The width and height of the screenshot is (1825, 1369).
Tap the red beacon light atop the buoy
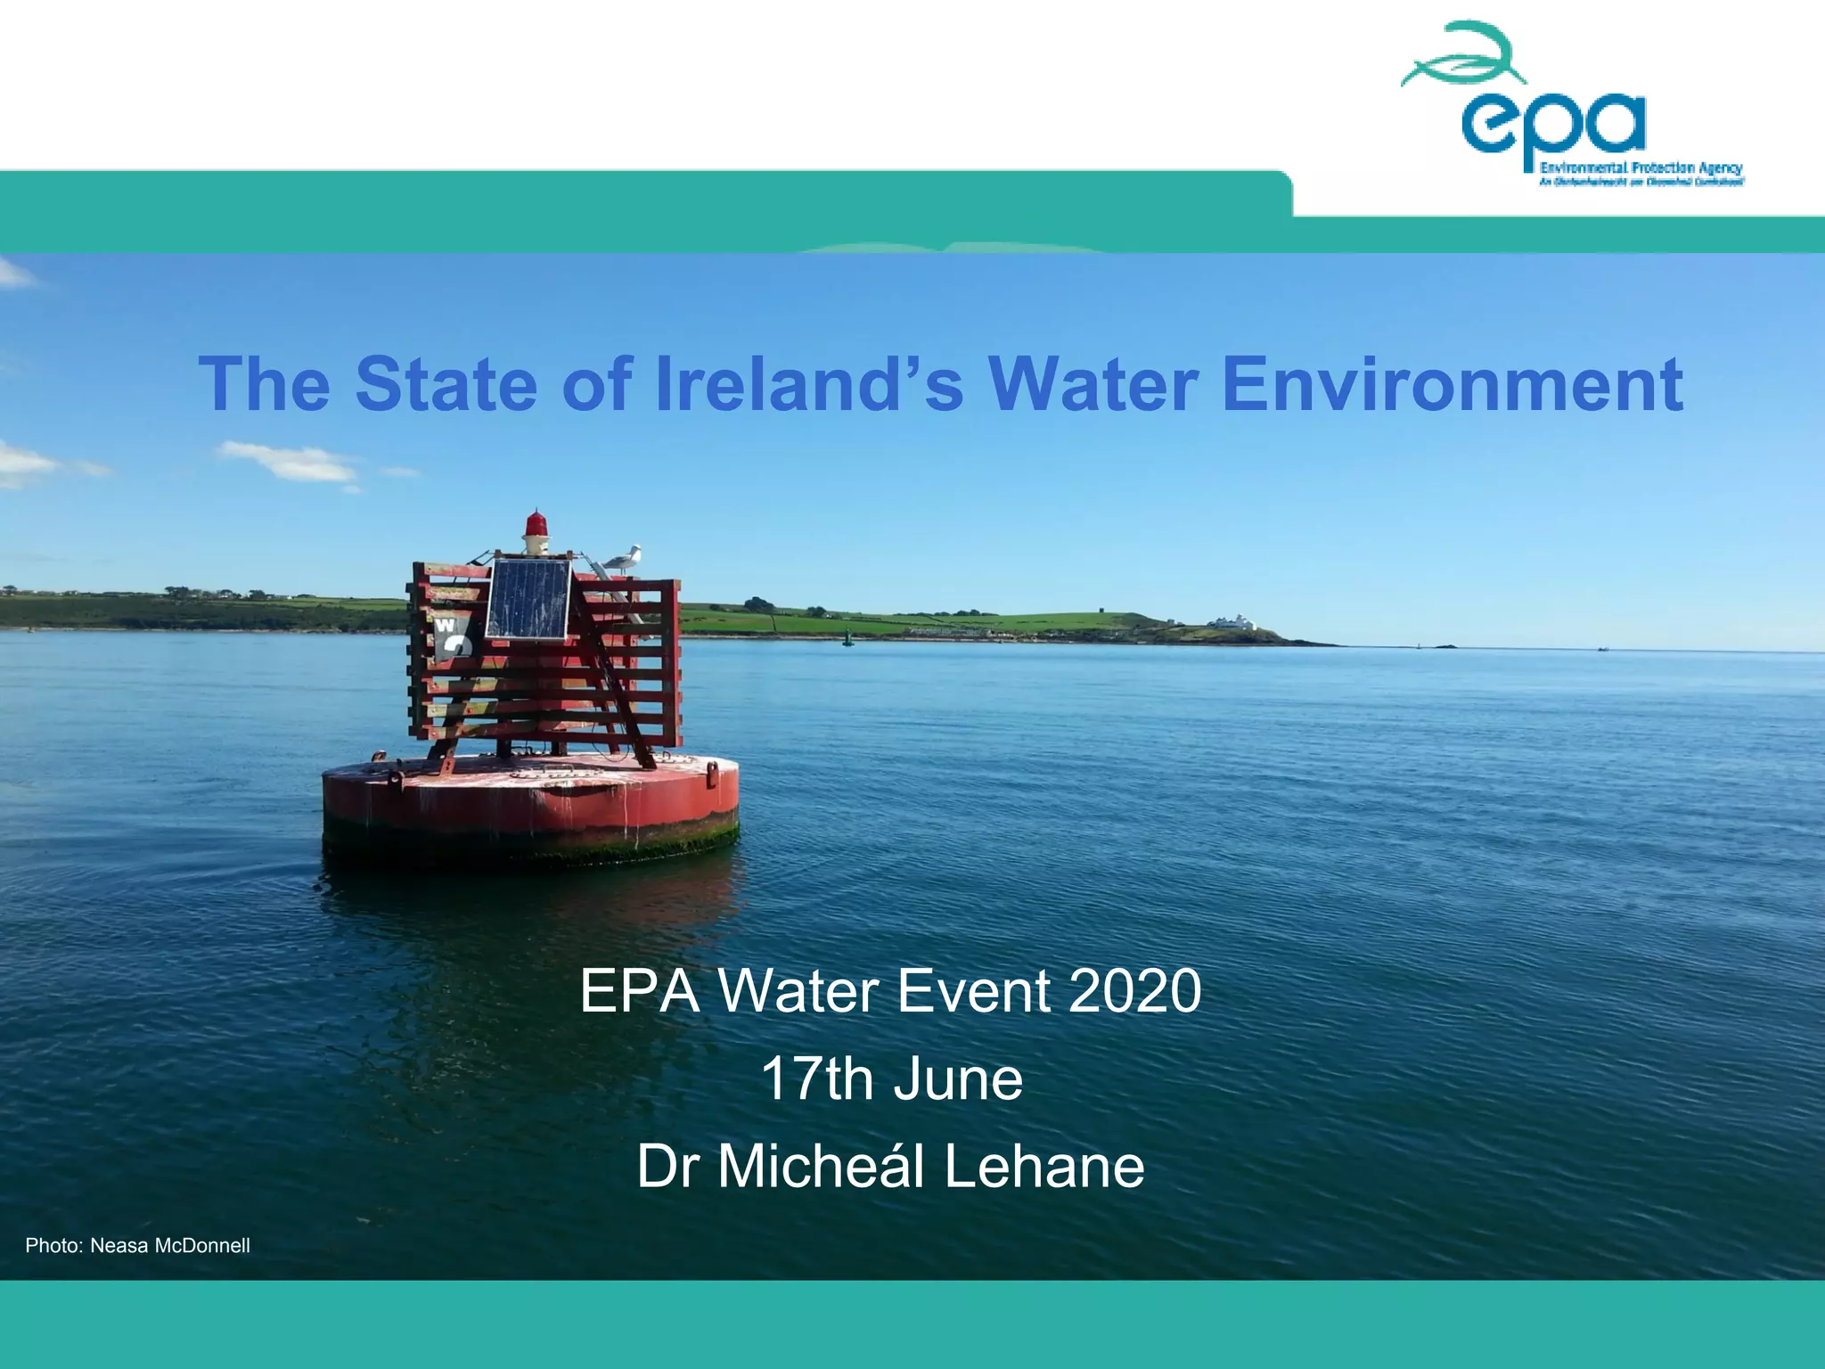coord(536,526)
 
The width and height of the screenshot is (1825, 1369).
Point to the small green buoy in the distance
coord(847,637)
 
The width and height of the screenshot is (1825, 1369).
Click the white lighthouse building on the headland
coord(1235,623)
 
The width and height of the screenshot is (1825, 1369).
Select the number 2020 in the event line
coord(1134,991)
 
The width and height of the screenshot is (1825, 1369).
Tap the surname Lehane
coord(1043,1167)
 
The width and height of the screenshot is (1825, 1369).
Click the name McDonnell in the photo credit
coord(202,1246)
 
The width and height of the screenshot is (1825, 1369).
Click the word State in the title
coord(446,384)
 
